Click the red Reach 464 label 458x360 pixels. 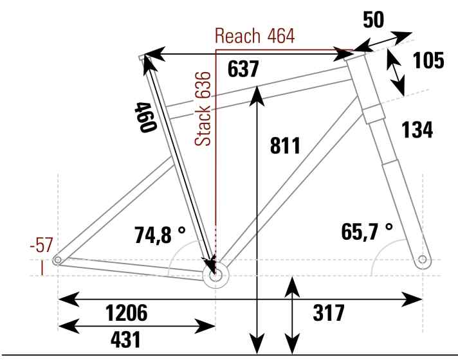(255, 36)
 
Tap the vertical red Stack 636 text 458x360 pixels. (203, 109)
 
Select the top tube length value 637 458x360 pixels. (243, 69)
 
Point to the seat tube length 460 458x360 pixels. (145, 117)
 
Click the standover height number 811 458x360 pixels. (285, 145)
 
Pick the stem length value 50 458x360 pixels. (373, 20)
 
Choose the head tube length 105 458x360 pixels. (428, 60)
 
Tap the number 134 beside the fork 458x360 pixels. (417, 130)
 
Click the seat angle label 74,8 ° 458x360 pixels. (160, 235)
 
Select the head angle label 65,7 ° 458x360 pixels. (367, 231)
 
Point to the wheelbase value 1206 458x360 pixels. (127, 312)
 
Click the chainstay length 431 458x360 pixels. (125, 339)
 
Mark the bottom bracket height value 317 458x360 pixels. (329, 312)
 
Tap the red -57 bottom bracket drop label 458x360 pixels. (41, 245)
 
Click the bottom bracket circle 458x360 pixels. (215, 275)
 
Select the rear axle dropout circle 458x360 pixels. (57, 260)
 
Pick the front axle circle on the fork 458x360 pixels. (423, 259)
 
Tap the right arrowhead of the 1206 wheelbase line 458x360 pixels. (412, 299)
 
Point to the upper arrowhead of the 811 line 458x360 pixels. (257, 96)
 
